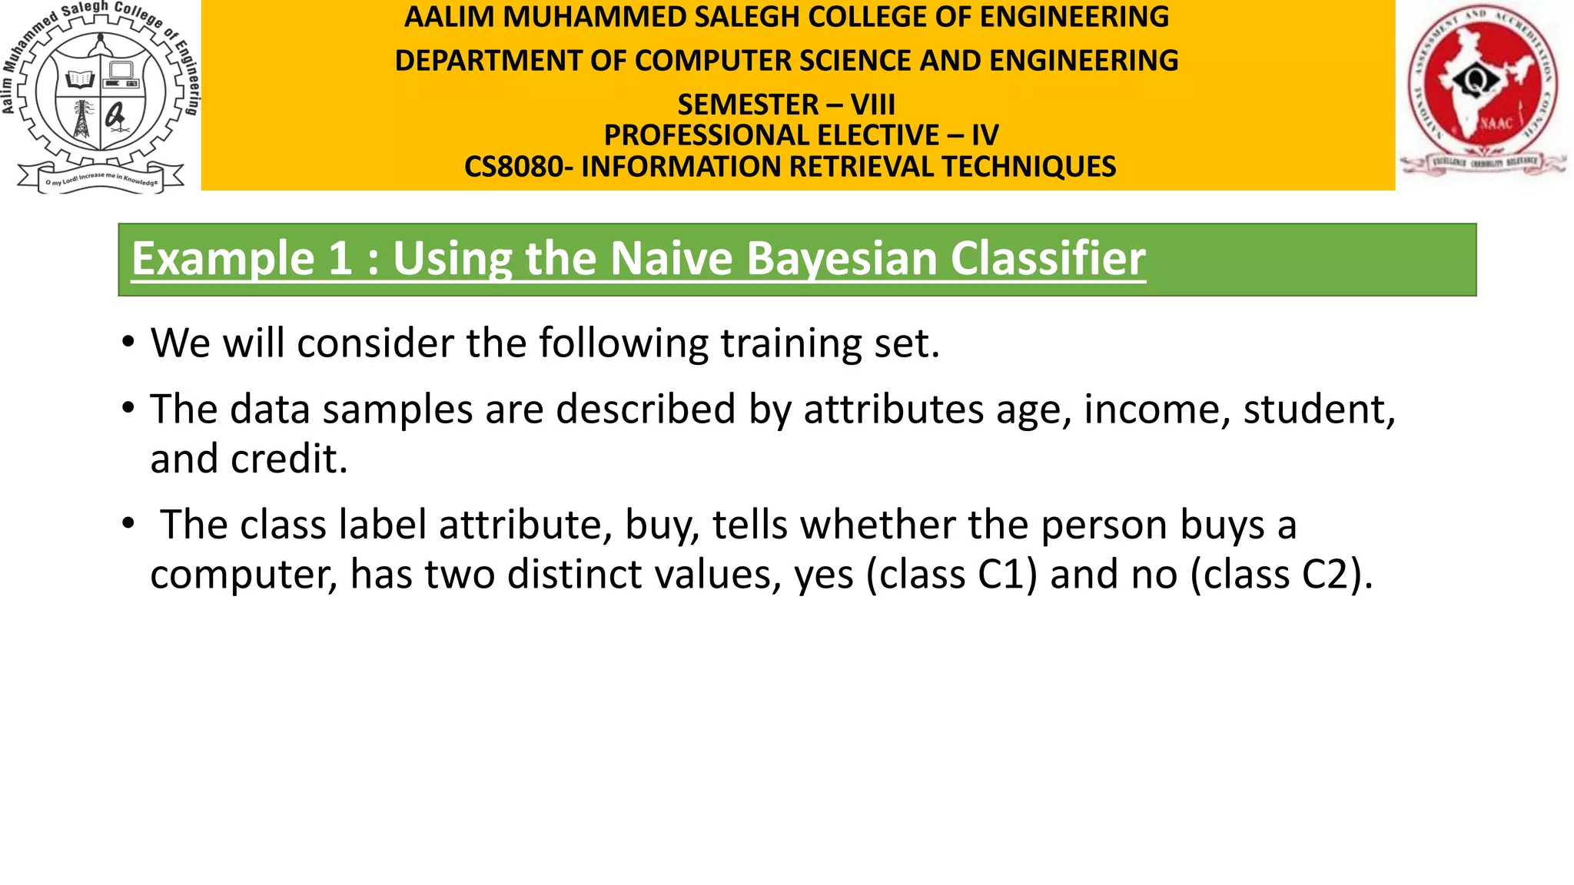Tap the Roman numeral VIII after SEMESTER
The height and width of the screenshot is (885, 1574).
click(x=872, y=105)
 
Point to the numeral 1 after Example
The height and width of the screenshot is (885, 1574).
click(x=339, y=258)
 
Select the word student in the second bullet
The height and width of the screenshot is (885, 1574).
click(x=1317, y=409)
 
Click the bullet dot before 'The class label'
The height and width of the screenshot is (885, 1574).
click(x=128, y=524)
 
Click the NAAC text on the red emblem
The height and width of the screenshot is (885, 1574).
click(x=1496, y=123)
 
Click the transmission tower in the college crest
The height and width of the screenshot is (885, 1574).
click(x=81, y=120)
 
